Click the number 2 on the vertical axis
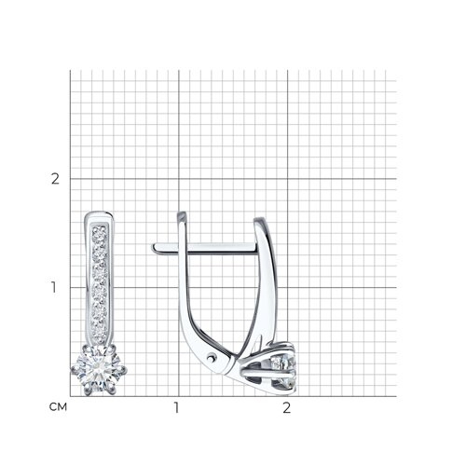[x=55, y=179]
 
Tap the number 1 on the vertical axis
[x=54, y=287]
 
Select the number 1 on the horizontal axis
[x=176, y=407]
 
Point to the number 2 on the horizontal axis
[x=287, y=407]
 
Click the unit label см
[x=58, y=406]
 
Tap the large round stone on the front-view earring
[x=99, y=370]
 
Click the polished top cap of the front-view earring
[x=99, y=215]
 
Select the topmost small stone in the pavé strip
[x=100, y=231]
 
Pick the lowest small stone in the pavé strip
[x=99, y=336]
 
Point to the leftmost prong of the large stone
[x=74, y=370]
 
